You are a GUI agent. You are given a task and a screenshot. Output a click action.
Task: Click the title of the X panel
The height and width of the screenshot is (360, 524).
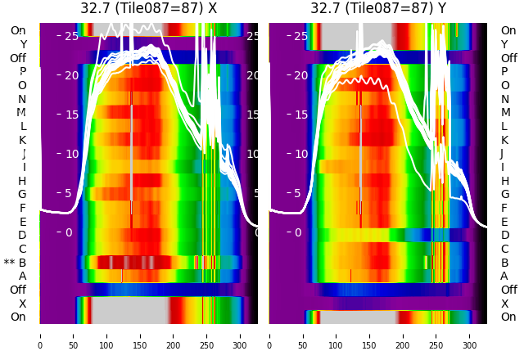click(x=148, y=8)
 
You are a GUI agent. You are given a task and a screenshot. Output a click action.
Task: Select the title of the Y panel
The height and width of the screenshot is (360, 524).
click(x=378, y=8)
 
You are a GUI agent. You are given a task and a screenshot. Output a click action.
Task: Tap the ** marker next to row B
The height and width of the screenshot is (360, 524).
click(x=9, y=263)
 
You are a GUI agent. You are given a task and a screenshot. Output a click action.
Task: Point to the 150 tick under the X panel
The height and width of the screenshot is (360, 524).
click(x=140, y=335)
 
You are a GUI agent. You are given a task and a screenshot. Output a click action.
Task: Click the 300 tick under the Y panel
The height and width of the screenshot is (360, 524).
click(x=470, y=335)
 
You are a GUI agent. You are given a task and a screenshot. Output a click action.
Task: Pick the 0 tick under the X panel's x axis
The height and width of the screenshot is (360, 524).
click(x=39, y=335)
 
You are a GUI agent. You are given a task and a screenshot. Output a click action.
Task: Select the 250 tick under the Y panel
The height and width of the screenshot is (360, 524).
click(x=436, y=335)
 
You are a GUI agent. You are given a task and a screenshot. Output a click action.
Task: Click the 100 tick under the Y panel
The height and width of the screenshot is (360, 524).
click(x=337, y=335)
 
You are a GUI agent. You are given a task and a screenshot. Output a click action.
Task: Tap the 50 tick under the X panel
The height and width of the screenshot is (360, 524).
click(x=73, y=335)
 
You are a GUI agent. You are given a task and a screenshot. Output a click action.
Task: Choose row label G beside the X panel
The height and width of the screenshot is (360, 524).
click(x=22, y=194)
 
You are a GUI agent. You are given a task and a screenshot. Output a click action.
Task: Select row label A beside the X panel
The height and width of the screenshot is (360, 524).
click(x=22, y=276)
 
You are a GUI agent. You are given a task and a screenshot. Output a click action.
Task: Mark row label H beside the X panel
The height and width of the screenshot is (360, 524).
click(x=22, y=181)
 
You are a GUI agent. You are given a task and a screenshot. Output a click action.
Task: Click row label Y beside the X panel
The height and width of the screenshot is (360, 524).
click(x=23, y=44)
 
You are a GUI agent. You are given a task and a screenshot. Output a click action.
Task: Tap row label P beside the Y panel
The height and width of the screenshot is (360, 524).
click(x=504, y=72)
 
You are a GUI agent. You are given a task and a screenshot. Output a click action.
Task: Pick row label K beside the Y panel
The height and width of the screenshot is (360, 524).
click(x=504, y=140)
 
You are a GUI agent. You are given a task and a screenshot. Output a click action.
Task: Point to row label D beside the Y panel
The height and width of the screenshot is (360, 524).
click(x=504, y=235)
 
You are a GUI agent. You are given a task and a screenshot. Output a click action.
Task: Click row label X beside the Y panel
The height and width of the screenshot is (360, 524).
click(x=504, y=304)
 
